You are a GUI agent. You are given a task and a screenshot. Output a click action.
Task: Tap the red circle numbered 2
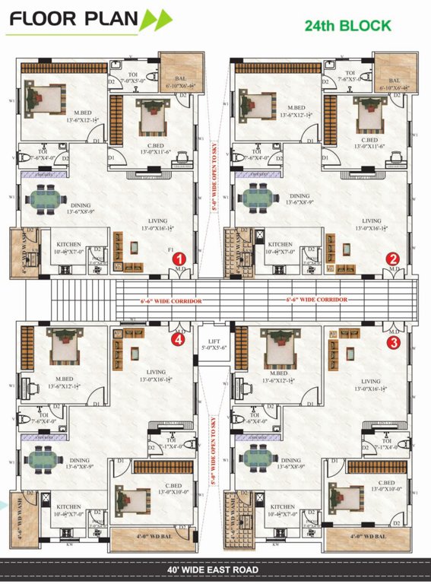tap(393, 258)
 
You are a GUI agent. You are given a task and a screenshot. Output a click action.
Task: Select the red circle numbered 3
tap(393, 342)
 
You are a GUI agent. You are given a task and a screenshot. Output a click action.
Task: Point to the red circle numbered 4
tap(179, 341)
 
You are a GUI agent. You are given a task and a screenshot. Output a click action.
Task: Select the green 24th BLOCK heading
tap(348, 26)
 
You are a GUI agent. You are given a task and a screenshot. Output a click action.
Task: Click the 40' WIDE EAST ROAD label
tap(215, 570)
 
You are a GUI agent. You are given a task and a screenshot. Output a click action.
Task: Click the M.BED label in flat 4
tap(64, 378)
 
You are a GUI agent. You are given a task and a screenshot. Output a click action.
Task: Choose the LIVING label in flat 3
tap(370, 382)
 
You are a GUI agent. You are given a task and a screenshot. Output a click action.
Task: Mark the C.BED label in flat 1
tap(155, 145)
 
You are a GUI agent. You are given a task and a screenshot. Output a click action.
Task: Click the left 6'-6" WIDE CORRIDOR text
tap(171, 301)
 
